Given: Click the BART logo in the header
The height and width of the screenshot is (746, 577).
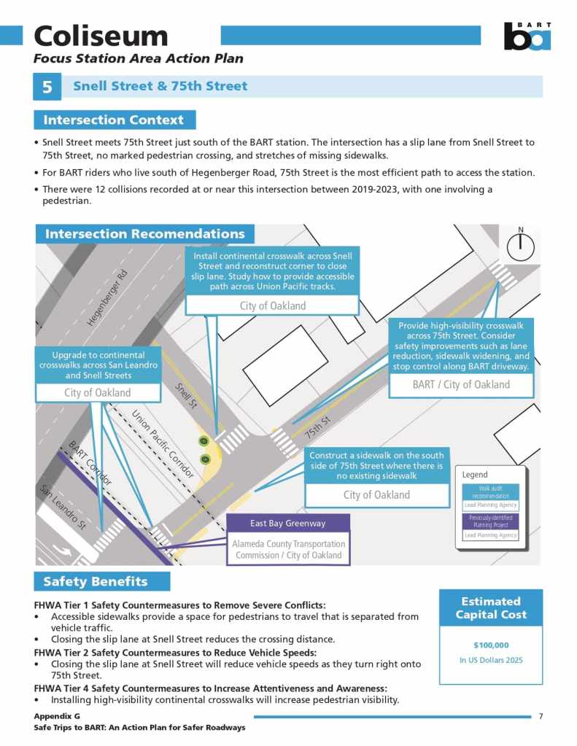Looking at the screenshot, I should coord(527,36).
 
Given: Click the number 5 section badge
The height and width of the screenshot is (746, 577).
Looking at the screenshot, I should coord(47,87).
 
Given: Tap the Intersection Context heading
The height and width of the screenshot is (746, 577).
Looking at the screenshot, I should coord(115,120).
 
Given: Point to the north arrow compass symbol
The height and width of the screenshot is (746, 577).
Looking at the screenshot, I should coord(520,247).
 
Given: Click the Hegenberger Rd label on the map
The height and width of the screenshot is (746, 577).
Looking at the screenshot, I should coord(107,298).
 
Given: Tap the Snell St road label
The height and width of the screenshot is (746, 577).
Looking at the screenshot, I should coord(186,396).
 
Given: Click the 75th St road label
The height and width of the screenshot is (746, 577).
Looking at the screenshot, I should coord(318,428).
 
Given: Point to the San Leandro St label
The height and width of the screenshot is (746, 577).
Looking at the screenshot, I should coord(63,506).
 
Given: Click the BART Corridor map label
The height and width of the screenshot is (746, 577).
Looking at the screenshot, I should coord(90,464).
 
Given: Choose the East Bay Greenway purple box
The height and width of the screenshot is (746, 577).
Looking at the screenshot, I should coord(288,523).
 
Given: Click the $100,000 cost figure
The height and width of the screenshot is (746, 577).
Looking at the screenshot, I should coord(491,645).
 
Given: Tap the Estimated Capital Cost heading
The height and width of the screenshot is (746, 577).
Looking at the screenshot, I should coord(491,608).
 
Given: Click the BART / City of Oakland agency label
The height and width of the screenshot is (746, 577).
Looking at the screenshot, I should coord(461,384).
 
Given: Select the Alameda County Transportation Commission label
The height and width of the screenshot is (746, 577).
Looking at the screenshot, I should coord(288,549).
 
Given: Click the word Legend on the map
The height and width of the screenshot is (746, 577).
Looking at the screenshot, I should coord(475,475).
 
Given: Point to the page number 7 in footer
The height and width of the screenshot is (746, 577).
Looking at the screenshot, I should coord(541,716).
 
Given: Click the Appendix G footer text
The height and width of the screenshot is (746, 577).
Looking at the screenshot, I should coord(57,716).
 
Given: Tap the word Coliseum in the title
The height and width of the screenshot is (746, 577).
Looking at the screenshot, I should coord(101,36).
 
